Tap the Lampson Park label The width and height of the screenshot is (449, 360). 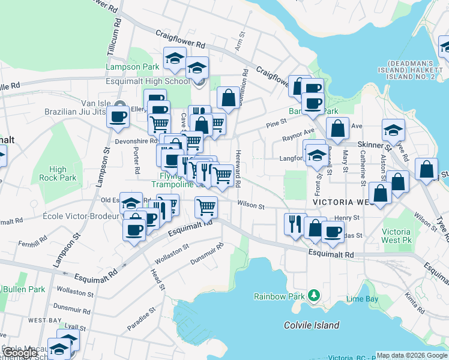click(133, 67)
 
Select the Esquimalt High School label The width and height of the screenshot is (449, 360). click(148, 81)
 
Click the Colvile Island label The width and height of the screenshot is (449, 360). click(312, 325)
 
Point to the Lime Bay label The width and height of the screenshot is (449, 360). click(362, 298)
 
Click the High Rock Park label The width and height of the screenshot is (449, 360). click(63, 173)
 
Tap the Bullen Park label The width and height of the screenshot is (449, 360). click(24, 289)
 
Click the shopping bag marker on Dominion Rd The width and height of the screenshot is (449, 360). click(228, 97)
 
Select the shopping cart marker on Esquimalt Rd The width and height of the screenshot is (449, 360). click(206, 207)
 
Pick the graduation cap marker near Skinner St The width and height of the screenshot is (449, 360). click(393, 130)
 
